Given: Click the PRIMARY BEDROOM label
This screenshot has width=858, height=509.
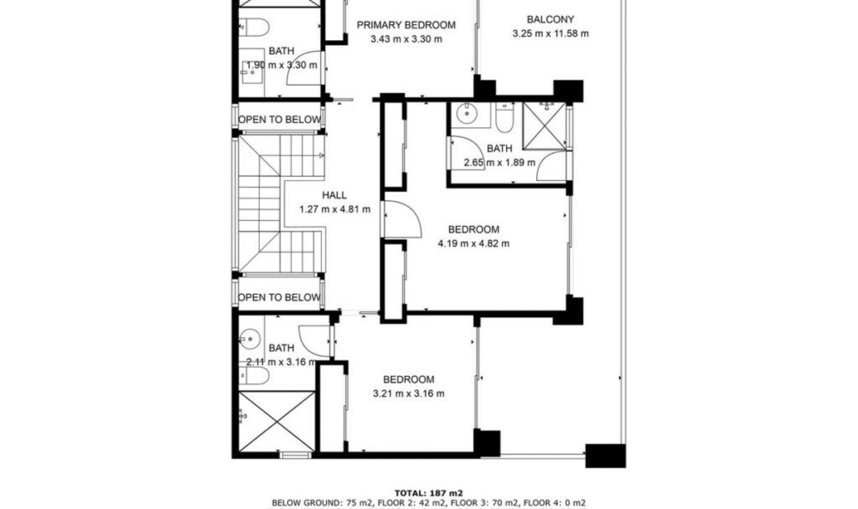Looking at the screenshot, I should [x=406, y=25].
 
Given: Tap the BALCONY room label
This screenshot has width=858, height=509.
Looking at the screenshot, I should [x=550, y=20].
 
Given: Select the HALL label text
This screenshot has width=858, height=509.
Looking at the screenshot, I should [x=334, y=195].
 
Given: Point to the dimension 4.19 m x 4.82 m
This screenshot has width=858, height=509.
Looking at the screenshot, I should [x=473, y=244].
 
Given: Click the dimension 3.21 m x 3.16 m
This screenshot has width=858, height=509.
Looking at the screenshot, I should [x=408, y=394].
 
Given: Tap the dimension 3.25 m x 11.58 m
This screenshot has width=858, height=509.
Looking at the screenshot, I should [x=550, y=33].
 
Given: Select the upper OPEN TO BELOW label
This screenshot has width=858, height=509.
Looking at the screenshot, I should [x=280, y=120].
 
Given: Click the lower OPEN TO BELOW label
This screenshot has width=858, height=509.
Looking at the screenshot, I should [x=279, y=297].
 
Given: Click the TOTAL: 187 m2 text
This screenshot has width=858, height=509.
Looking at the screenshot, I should [x=429, y=493].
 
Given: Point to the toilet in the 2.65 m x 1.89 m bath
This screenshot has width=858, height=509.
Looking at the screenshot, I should [x=505, y=118].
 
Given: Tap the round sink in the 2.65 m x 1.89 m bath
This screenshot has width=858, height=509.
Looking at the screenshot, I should [x=467, y=114].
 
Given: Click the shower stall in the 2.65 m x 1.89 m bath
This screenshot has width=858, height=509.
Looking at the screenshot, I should [x=544, y=126].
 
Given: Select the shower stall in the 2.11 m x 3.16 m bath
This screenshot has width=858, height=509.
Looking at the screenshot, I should [x=277, y=421].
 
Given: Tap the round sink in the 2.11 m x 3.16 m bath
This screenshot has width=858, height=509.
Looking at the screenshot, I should [x=250, y=339].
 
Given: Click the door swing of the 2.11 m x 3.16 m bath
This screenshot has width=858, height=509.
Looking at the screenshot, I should [x=314, y=340].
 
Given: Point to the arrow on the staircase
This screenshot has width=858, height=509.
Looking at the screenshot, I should [x=321, y=155].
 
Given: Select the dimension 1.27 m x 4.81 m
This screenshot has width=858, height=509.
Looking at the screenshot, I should [x=334, y=209].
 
